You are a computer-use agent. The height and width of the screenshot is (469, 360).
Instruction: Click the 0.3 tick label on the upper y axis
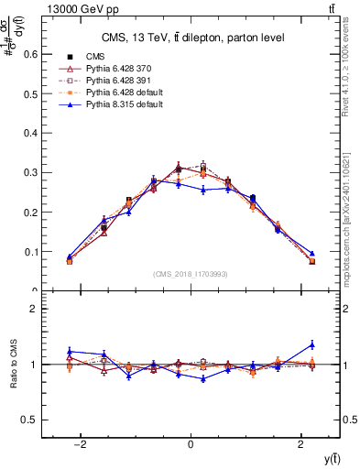pos(31,172)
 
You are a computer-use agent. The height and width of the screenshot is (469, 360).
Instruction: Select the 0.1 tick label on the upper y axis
pos(31,251)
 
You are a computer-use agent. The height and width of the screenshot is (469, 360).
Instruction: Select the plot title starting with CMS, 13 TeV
pos(192,38)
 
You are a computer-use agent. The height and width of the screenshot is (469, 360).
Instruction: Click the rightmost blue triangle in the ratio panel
pos(312,344)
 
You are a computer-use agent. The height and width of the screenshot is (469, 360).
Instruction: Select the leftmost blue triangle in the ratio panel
pos(70,351)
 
